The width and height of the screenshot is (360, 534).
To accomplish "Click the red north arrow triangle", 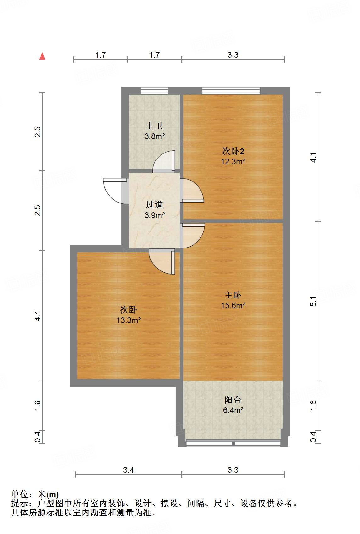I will [42, 56].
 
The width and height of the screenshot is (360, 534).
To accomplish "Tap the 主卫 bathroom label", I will [154, 126].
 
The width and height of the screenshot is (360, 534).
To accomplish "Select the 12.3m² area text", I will [233, 162].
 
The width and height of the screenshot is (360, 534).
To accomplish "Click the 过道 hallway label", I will [154, 205].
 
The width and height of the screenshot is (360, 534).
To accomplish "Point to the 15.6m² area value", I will [233, 305].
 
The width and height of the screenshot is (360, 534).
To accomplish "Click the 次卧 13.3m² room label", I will [128, 310].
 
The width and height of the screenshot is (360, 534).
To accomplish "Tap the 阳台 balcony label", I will [233, 400].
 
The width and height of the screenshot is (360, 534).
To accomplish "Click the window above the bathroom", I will [154, 91].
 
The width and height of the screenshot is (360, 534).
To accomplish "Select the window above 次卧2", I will [231, 91].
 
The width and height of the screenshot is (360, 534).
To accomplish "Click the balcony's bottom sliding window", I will [233, 443].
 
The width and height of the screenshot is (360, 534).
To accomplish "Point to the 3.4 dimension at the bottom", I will [128, 470].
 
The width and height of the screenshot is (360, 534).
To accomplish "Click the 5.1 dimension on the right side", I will [313, 301].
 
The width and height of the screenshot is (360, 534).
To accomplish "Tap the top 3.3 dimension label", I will [233, 55].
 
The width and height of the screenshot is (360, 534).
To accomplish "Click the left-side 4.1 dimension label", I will [38, 316].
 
